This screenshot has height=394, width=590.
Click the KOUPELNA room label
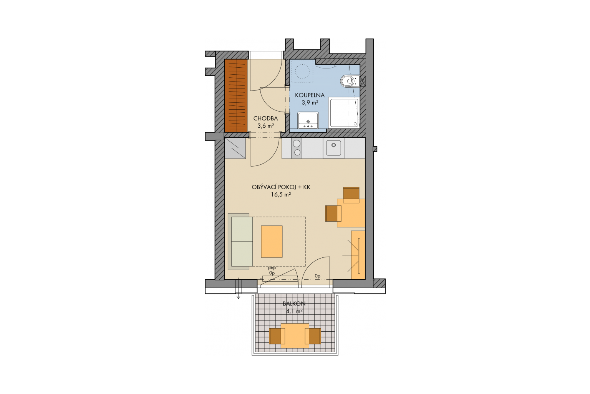pyautogui.click(x=310, y=95)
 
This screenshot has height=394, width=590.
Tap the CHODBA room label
pyautogui.click(x=265, y=119)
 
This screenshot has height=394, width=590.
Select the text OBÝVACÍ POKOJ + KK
pyautogui.click(x=281, y=187)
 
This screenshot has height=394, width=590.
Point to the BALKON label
pyautogui.click(x=294, y=304)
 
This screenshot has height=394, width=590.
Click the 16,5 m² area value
pyautogui.click(x=281, y=195)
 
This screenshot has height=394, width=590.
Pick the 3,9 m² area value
pyautogui.click(x=310, y=102)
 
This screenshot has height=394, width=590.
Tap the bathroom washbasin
pyautogui.click(x=308, y=120)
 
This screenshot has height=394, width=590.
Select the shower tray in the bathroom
pyautogui.click(x=344, y=113)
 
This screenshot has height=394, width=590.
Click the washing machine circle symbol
pyautogui.click(x=302, y=71)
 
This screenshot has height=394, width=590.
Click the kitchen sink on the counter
pyautogui.click(x=333, y=148)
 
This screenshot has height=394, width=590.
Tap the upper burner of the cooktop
pyautogui.click(x=297, y=144)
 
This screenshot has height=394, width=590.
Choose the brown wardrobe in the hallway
pyautogui.click(x=236, y=95)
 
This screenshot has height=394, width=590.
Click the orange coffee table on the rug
pyautogui.click(x=272, y=242)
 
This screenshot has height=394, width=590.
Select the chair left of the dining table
pyautogui.click(x=333, y=214)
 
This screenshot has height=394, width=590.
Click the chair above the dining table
pyautogui.click(x=351, y=195)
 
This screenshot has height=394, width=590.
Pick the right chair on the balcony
pyautogui.click(x=313, y=336)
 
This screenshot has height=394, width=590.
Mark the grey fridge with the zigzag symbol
pyautogui.click(x=235, y=148)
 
